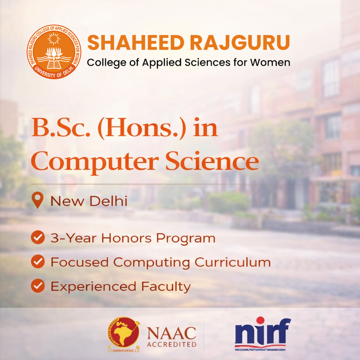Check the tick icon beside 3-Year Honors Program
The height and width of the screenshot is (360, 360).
coord(38,238)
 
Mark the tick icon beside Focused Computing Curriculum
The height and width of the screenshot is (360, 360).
coord(38,262)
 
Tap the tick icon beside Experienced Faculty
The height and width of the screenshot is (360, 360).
coord(38,286)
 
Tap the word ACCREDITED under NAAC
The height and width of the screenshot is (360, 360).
coord(172,344)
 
